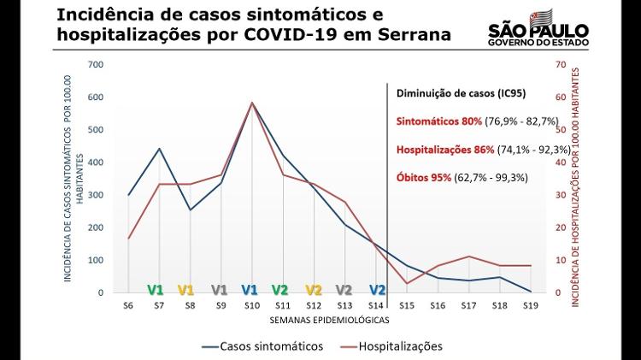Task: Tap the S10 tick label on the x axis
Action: (251, 304)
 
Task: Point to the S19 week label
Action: (529, 304)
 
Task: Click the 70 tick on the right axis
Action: (562, 65)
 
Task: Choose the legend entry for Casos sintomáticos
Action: (262, 346)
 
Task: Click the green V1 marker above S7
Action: (156, 290)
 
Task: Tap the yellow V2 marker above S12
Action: (314, 290)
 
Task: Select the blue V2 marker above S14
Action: (377, 290)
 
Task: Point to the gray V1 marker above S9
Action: (220, 290)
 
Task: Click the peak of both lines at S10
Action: (251, 103)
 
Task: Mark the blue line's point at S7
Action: (159, 149)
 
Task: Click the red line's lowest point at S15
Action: (406, 283)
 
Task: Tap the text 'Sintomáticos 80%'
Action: (438, 121)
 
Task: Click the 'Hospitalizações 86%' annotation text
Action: (444, 150)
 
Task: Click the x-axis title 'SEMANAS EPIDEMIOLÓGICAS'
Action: (329, 320)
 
